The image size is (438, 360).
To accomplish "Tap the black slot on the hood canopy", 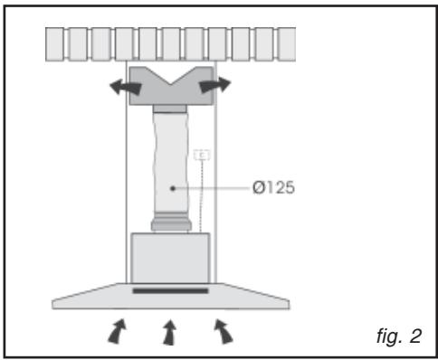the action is (170, 291).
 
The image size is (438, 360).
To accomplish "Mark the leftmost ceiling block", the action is (58, 44).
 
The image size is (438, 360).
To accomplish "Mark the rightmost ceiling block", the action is (286, 44).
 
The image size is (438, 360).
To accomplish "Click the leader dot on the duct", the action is (173, 188).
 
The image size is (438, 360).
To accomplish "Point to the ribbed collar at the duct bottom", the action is (170, 222).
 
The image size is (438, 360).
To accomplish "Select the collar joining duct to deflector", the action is (172, 109).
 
